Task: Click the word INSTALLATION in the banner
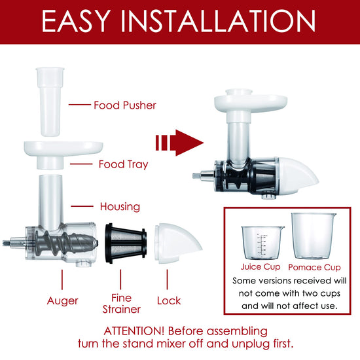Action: click(218, 21)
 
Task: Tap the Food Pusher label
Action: click(125, 105)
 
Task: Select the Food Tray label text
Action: click(124, 164)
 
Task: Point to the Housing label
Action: click(120, 207)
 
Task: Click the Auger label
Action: click(62, 301)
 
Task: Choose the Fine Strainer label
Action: click(121, 304)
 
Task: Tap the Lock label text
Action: click(169, 301)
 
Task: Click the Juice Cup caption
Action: click(261, 267)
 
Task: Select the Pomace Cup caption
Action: click(314, 268)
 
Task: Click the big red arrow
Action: click(179, 143)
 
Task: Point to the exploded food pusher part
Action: click(50, 101)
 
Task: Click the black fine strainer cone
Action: click(126, 243)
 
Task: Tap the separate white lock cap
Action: click(177, 243)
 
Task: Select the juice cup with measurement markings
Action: click(262, 243)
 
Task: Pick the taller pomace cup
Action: click(314, 236)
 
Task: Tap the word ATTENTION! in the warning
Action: click(134, 331)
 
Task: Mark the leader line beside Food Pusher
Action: click(80, 105)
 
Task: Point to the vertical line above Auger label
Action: click(62, 279)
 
